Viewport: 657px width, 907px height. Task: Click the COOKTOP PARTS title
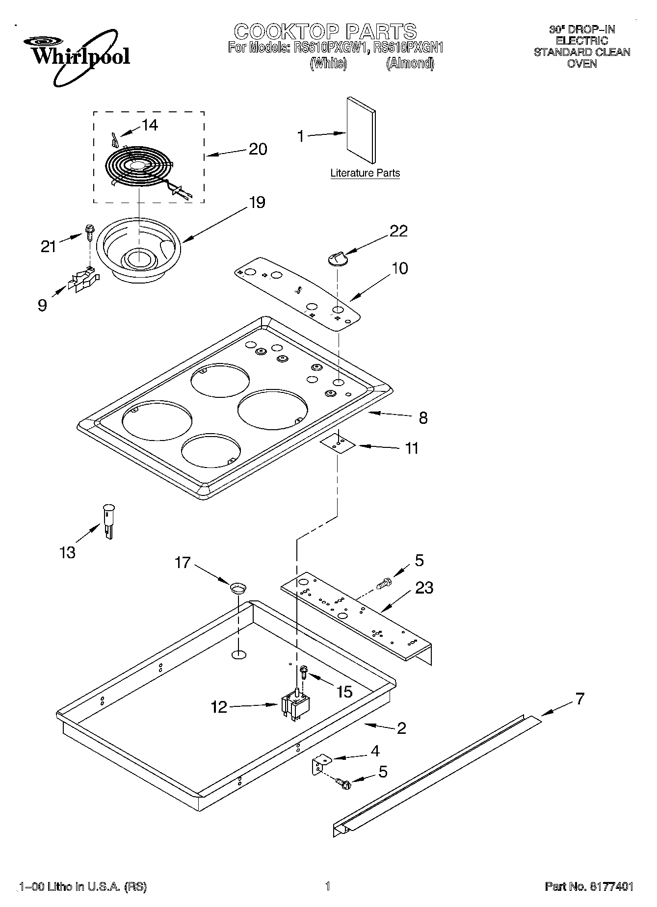click(x=325, y=31)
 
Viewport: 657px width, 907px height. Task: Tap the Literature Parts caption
click(x=365, y=173)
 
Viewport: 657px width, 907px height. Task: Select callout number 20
click(x=258, y=149)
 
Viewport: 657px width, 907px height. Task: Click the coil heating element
click(x=140, y=167)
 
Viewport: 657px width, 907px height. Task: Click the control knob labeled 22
click(x=337, y=258)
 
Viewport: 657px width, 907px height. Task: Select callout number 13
click(x=67, y=552)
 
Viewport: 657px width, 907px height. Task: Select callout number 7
click(x=580, y=699)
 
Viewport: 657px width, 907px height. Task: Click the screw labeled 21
click(x=90, y=232)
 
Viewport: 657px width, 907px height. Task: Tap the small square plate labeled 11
click(x=338, y=443)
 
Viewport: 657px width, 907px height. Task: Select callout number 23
click(x=424, y=588)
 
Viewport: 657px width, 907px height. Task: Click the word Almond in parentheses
click(x=410, y=63)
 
